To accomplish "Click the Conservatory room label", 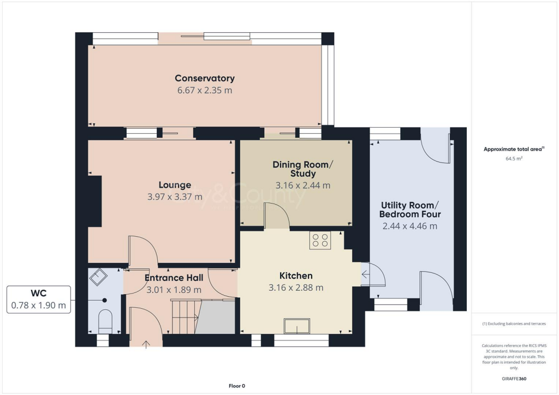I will point(205,78).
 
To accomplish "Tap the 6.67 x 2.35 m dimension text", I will point(205,90).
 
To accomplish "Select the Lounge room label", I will point(175,185).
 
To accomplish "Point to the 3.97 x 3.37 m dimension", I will point(175,197).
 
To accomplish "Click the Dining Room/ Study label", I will point(302,169).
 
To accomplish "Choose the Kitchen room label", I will point(296,276).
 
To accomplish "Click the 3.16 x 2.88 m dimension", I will point(296,288).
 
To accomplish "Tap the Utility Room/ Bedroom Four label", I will point(409,210).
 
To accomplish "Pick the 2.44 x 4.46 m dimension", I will point(409,226).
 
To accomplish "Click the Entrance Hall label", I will point(174,278).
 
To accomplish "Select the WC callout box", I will point(39,299).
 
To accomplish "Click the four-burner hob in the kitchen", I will point(320,241).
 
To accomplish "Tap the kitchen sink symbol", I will point(296,326).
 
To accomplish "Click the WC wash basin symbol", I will point(99,278).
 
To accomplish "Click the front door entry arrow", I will point(146,344).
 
